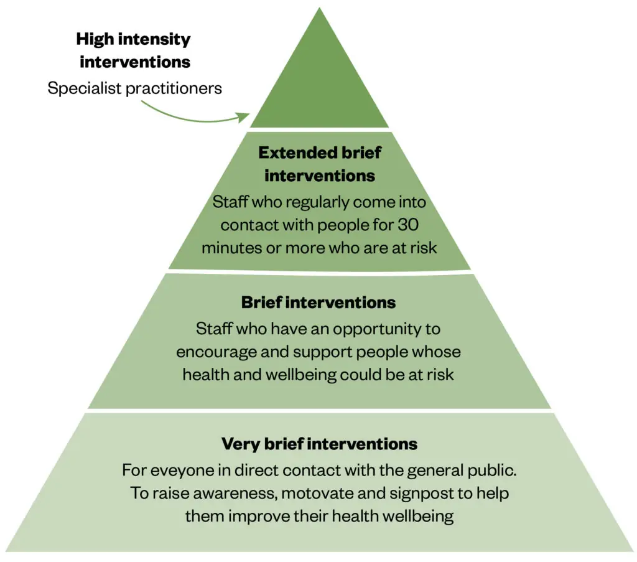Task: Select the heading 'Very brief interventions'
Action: pyautogui.click(x=319, y=444)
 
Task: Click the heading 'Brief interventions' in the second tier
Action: pyautogui.click(x=318, y=303)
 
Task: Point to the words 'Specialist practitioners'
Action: pyautogui.click(x=134, y=88)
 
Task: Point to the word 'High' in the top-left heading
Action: pyautogui.click(x=94, y=39)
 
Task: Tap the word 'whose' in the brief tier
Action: pyautogui.click(x=440, y=352)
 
